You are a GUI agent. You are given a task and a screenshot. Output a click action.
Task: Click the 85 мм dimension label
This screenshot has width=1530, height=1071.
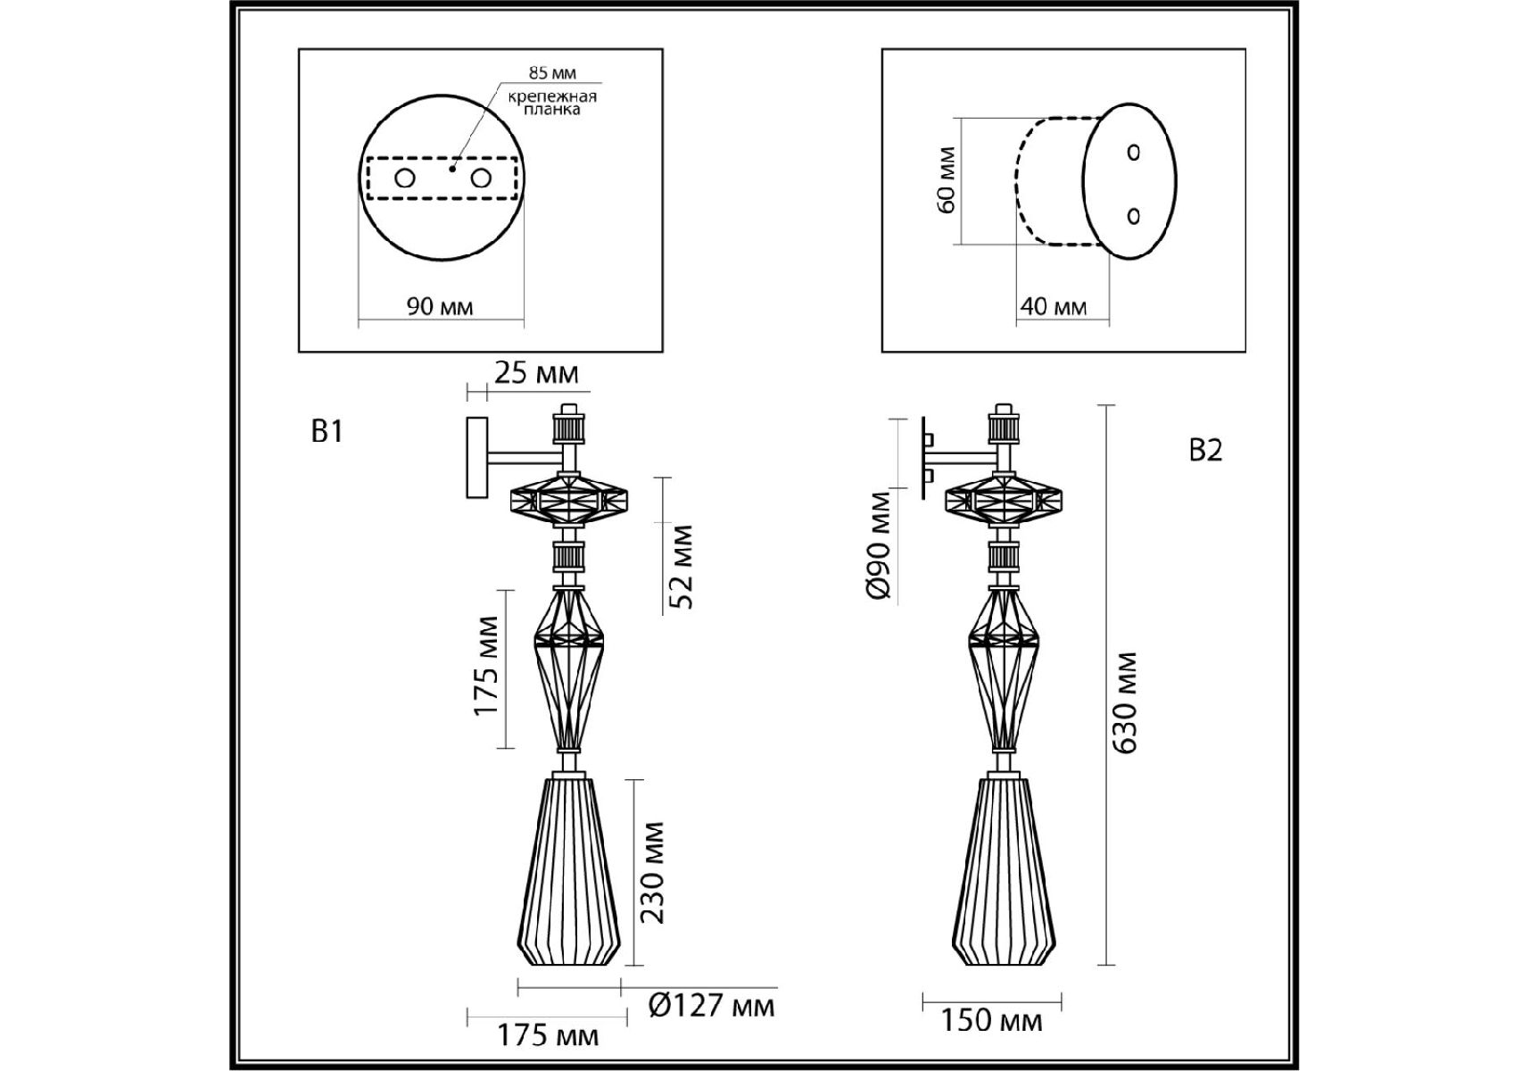click(x=552, y=73)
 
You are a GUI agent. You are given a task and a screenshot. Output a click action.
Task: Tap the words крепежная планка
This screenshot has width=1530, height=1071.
click(x=552, y=103)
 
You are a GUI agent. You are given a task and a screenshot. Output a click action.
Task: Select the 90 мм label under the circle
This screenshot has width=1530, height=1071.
click(x=440, y=307)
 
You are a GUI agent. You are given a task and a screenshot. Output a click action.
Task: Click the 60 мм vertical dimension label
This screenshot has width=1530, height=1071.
click(x=947, y=179)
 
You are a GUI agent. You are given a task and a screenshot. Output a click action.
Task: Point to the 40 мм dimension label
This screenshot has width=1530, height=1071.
click(x=1054, y=307)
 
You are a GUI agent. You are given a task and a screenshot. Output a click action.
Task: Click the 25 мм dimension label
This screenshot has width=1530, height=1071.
click(x=536, y=373)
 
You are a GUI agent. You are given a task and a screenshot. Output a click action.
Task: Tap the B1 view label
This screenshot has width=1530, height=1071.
click(x=327, y=432)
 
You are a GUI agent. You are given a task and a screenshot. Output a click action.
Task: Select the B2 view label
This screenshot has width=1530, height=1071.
click(x=1205, y=451)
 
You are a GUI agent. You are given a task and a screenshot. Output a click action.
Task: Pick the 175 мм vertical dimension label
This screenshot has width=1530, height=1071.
click(x=486, y=666)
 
